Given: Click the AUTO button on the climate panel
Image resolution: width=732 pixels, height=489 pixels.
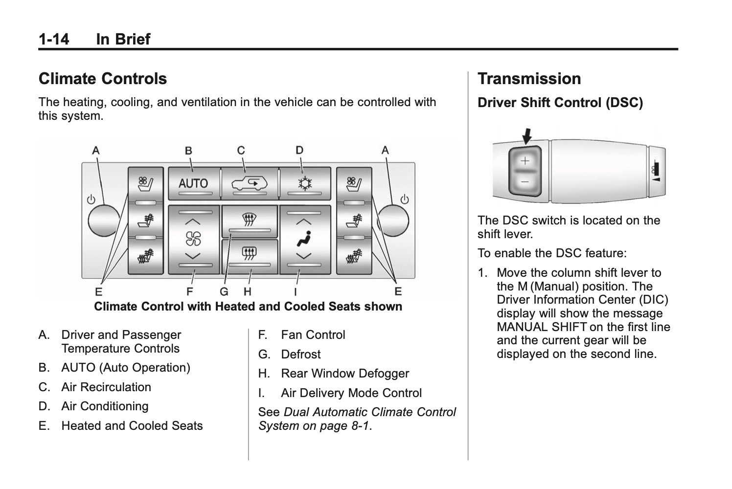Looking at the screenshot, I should [193, 183].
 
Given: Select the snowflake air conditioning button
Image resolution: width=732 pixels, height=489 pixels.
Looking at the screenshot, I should [305, 184].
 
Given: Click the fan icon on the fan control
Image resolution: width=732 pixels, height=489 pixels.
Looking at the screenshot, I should [193, 239].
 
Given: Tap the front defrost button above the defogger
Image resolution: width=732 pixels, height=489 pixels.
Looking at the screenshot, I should [249, 219].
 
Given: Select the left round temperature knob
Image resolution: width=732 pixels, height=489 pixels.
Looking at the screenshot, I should [103, 221].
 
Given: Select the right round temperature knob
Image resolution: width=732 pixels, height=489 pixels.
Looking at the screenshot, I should [394, 221].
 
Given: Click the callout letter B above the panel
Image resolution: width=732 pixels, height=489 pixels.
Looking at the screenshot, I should [188, 151].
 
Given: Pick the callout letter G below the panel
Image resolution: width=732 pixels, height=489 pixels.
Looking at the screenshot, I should [224, 292].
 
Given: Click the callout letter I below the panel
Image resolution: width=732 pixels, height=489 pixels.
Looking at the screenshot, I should [296, 292].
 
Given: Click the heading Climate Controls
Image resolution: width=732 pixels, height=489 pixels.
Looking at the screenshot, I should [103, 79].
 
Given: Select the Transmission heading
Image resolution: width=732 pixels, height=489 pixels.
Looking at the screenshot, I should [529, 79].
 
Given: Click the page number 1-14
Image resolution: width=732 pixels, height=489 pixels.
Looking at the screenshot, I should [54, 39].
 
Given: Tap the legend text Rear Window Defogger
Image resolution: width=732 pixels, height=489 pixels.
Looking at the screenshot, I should [344, 374].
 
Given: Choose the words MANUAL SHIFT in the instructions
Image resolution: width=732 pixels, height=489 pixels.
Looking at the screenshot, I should [541, 327].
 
